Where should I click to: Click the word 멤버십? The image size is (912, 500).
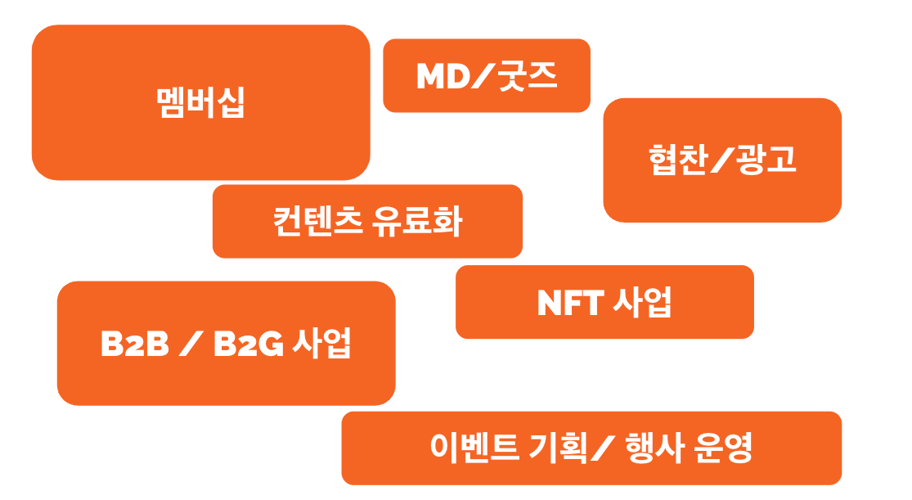pyautogui.click(x=200, y=102)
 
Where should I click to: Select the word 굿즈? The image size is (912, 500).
pyautogui.click(x=528, y=76)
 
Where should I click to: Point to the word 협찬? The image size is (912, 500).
pyautogui.click(x=678, y=159)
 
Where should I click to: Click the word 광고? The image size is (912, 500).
pyautogui.click(x=766, y=159)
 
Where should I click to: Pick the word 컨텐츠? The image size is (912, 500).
pyautogui.click(x=318, y=221)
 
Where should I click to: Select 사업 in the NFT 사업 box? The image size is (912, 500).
pyautogui.click(x=643, y=302)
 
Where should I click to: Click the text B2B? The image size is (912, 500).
pyautogui.click(x=135, y=344)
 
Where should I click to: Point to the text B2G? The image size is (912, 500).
pyautogui.click(x=249, y=344)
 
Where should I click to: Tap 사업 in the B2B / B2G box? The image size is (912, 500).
pyautogui.click(x=321, y=343)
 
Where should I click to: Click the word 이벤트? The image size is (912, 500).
pyautogui.click(x=474, y=448)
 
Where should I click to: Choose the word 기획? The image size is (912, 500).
pyautogui.click(x=558, y=448)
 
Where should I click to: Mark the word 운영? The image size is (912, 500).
pyautogui.click(x=724, y=448)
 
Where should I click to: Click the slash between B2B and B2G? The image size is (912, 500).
pyautogui.click(x=191, y=344)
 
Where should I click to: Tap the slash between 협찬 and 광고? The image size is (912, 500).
pyautogui.click(x=721, y=160)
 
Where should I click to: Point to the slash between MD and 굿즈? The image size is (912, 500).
pyautogui.click(x=484, y=75)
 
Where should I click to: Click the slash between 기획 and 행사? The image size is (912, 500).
pyautogui.click(x=603, y=448)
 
